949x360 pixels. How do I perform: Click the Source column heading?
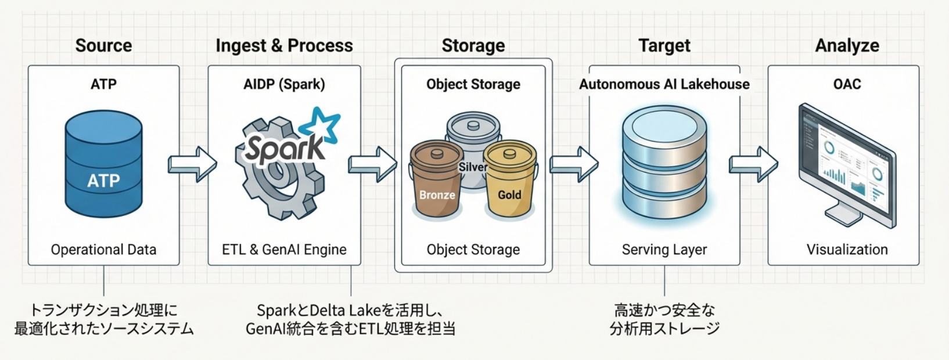tap(103, 45)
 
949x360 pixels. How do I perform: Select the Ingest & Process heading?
tap(284, 45)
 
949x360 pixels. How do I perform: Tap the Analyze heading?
tap(847, 46)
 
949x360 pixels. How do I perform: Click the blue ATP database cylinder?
tap(103, 164)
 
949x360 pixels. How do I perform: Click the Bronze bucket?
tap(436, 181)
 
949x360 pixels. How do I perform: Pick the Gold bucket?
tap(510, 181)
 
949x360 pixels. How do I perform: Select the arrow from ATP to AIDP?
tap(192, 164)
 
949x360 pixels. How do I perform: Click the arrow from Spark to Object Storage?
tap(373, 164)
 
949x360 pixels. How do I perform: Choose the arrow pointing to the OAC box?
tap(753, 164)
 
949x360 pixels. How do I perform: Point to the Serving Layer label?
tap(664, 250)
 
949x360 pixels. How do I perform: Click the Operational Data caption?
tap(103, 250)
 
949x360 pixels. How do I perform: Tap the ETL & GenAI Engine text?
tap(284, 250)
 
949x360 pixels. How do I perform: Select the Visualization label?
tap(847, 250)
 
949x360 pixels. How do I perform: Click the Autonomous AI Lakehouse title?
tap(664, 84)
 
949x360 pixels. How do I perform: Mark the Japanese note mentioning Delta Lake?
tap(350, 319)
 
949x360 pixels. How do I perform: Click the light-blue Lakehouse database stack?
tap(664, 163)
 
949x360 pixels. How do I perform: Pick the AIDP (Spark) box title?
tap(284, 84)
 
